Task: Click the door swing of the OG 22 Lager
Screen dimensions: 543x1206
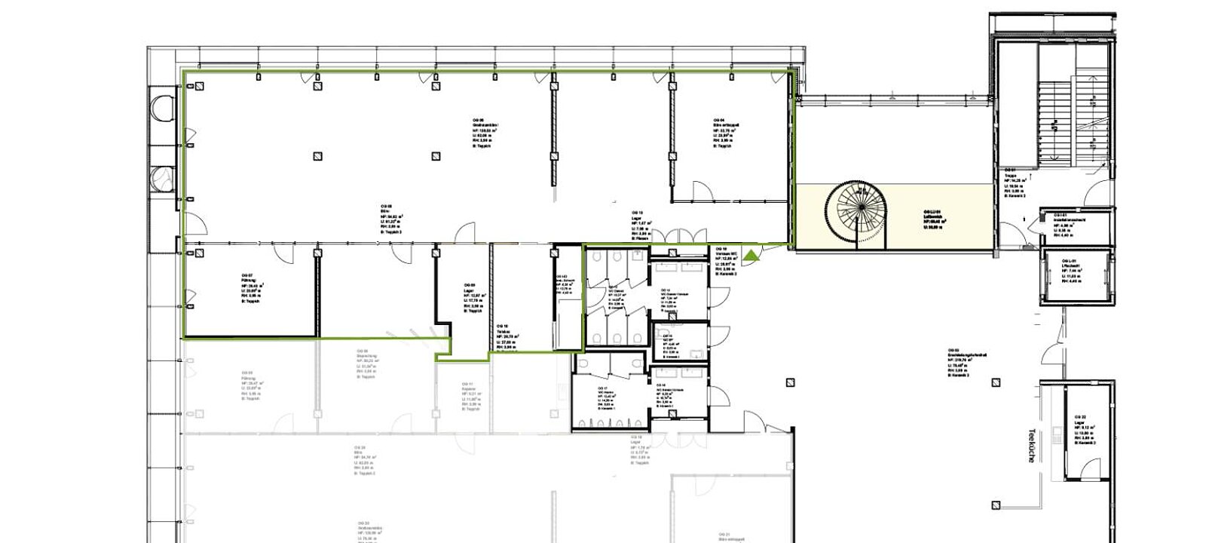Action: (1090, 469)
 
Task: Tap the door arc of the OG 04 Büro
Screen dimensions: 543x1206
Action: (701, 191)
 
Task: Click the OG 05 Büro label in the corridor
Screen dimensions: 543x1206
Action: (391, 218)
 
